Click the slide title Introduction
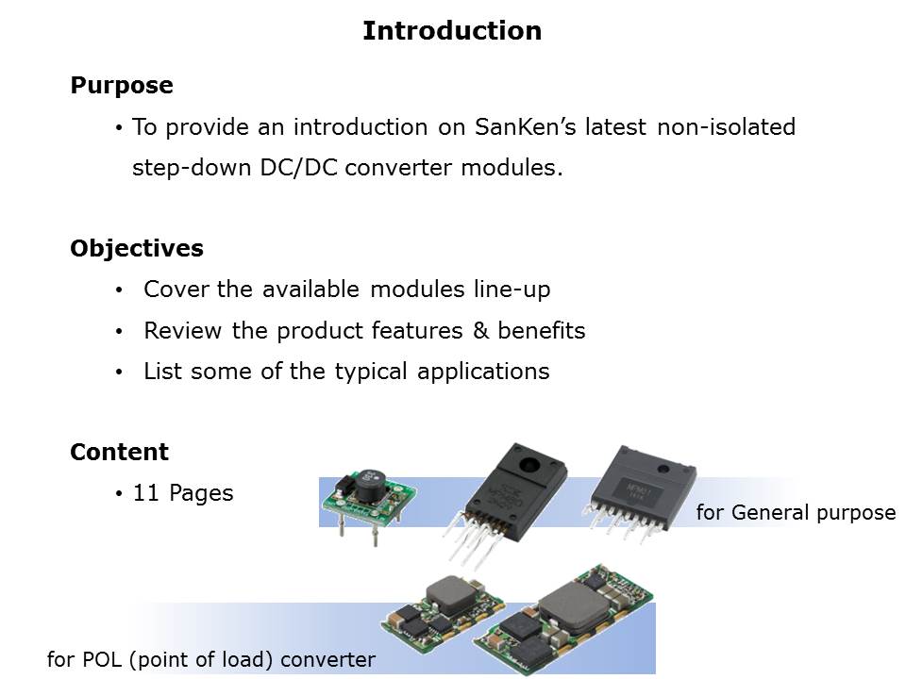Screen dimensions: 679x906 (x=452, y=31)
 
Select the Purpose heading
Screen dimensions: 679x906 (x=122, y=86)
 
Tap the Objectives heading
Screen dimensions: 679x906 (x=137, y=249)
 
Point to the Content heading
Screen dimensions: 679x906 (x=120, y=453)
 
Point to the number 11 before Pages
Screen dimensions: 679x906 (x=145, y=493)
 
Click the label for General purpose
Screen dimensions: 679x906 (x=796, y=513)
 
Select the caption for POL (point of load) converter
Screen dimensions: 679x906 (x=210, y=660)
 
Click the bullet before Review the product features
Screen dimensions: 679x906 (x=119, y=332)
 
